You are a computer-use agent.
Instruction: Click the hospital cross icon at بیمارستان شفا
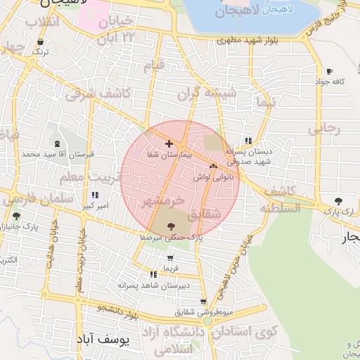pyautogui.click(x=169, y=143)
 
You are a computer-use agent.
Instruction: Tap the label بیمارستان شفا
pyautogui.click(x=169, y=154)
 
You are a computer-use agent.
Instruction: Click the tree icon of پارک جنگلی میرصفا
pyautogui.click(x=171, y=226)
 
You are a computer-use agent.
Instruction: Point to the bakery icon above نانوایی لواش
pyautogui.click(x=213, y=167)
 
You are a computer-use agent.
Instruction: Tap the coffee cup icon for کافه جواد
pyautogui.click(x=329, y=72)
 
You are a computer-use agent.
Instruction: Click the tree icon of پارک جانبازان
pyautogui.click(x=16, y=216)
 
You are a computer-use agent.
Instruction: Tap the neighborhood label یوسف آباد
pyautogui.click(x=102, y=340)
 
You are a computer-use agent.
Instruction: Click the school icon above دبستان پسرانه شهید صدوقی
pyautogui.click(x=246, y=139)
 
